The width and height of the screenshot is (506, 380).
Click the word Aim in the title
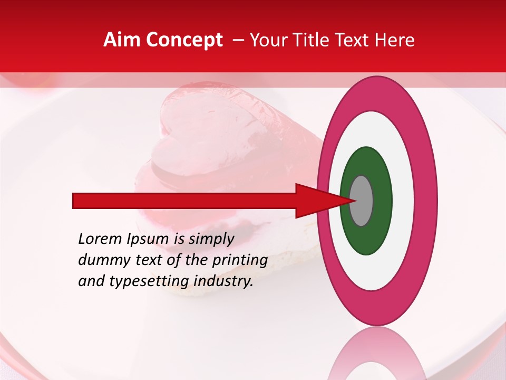coord(121,40)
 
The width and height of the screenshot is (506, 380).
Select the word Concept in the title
coord(184,40)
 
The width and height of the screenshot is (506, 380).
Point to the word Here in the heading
coord(395,40)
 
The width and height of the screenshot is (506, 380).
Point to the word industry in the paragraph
coord(223,281)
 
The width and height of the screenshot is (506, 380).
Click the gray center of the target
coord(361,201)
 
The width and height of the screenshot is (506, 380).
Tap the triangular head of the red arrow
coord(316,201)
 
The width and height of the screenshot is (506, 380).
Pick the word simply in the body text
coord(210,239)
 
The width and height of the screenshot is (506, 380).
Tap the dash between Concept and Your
coord(238,40)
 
